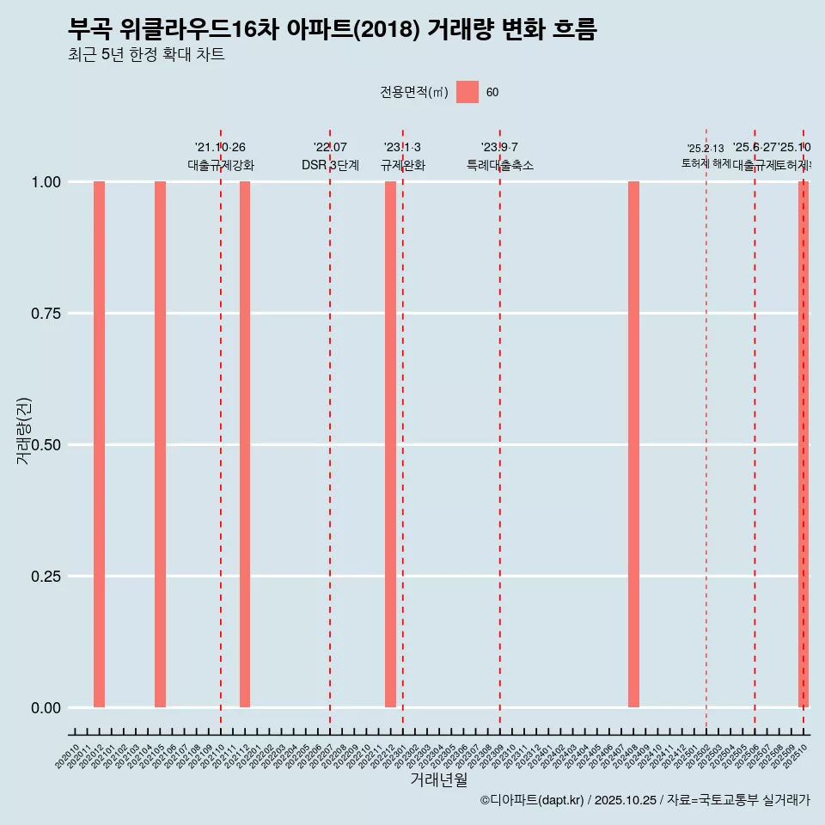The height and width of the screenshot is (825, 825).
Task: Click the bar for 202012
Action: point(99,444)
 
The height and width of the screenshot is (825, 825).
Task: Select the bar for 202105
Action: point(160,444)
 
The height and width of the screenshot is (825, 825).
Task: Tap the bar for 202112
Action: point(245,444)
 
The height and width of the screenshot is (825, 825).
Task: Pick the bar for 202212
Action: point(390,444)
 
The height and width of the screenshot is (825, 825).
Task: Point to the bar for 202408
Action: point(633,444)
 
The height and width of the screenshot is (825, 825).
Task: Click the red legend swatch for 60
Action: point(467,92)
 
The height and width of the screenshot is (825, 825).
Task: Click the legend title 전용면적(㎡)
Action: point(414,92)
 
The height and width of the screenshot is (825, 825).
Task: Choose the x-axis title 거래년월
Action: point(439,779)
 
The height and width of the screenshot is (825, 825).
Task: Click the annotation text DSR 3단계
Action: point(330,165)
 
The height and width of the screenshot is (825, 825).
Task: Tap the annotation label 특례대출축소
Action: point(500,165)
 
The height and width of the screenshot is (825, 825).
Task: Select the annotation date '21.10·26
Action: point(221,148)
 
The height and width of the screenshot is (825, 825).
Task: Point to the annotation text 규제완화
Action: point(402,165)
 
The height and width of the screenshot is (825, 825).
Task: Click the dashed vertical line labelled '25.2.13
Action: point(706,430)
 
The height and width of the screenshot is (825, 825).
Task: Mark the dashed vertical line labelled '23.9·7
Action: point(500,430)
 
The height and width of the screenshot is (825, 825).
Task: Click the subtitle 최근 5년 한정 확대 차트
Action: point(146,55)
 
